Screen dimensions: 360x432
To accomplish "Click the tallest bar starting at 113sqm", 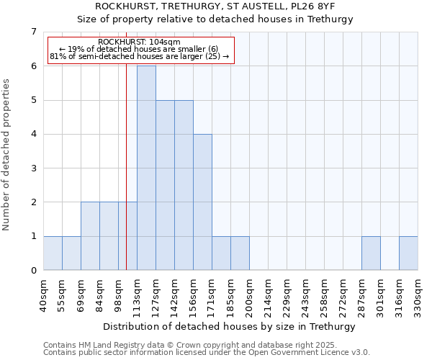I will coord(146,168).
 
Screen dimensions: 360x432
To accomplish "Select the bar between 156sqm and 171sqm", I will coord(202,202).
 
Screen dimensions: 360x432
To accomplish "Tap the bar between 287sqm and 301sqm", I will coord(371,253).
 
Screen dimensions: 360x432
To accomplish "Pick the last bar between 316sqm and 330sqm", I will coord(408,253).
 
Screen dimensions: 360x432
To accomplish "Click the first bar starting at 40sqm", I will coord(53,253).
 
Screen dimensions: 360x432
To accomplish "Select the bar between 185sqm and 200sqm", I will coord(240,253).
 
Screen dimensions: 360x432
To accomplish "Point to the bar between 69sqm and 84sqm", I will coord(90,236).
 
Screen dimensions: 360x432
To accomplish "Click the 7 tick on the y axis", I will coord(33,32).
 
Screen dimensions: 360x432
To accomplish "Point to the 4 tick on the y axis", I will coord(33,134).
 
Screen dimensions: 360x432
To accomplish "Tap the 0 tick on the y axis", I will coord(33,271).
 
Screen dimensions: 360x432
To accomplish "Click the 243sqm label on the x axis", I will coord(306,294).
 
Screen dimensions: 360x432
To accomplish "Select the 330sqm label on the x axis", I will coord(418,294).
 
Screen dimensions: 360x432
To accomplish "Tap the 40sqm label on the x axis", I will coord(44,294).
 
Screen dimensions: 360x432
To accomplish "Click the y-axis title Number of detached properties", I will coord(6,156).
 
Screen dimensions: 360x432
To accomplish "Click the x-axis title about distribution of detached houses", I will coord(230,326).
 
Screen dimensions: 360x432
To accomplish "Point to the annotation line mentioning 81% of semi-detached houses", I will coord(139,55).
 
